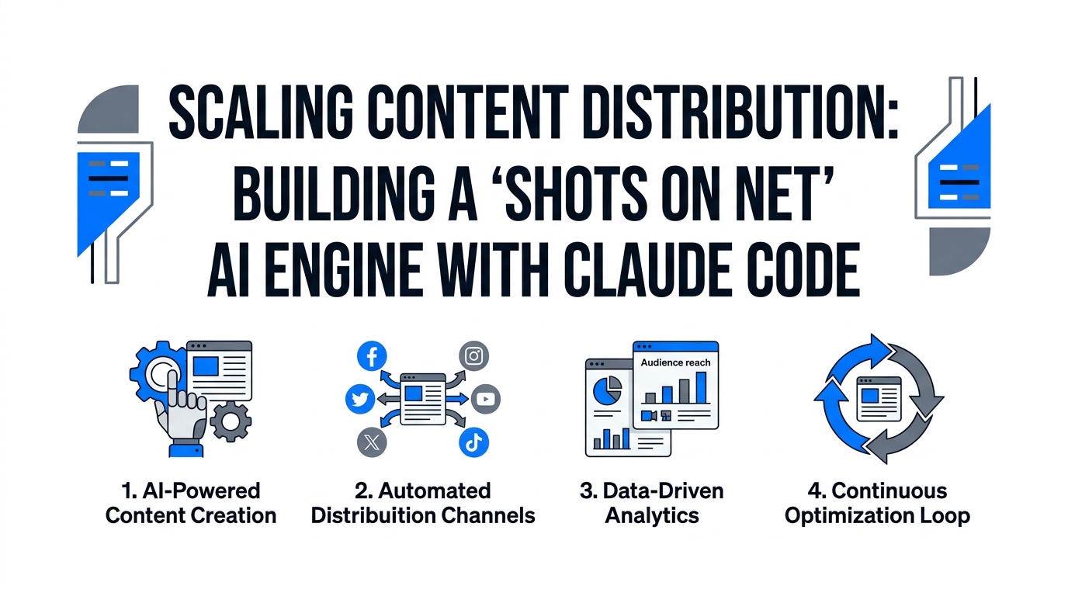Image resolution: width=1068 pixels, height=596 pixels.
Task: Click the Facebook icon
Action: click(x=372, y=356)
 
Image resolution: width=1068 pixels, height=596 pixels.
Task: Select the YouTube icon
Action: click(x=486, y=399)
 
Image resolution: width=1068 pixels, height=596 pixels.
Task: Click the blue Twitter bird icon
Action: click(x=359, y=399)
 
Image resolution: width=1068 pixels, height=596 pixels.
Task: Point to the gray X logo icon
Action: click(x=372, y=442)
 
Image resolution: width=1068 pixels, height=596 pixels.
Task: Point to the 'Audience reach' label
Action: click(x=675, y=362)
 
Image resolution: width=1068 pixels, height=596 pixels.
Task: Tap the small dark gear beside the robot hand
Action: click(x=231, y=422)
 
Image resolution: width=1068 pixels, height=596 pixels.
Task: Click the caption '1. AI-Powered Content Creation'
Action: click(x=191, y=503)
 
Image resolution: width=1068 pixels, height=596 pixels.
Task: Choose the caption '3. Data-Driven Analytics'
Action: click(x=652, y=503)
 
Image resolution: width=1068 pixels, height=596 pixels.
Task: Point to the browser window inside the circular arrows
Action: click(x=877, y=397)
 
